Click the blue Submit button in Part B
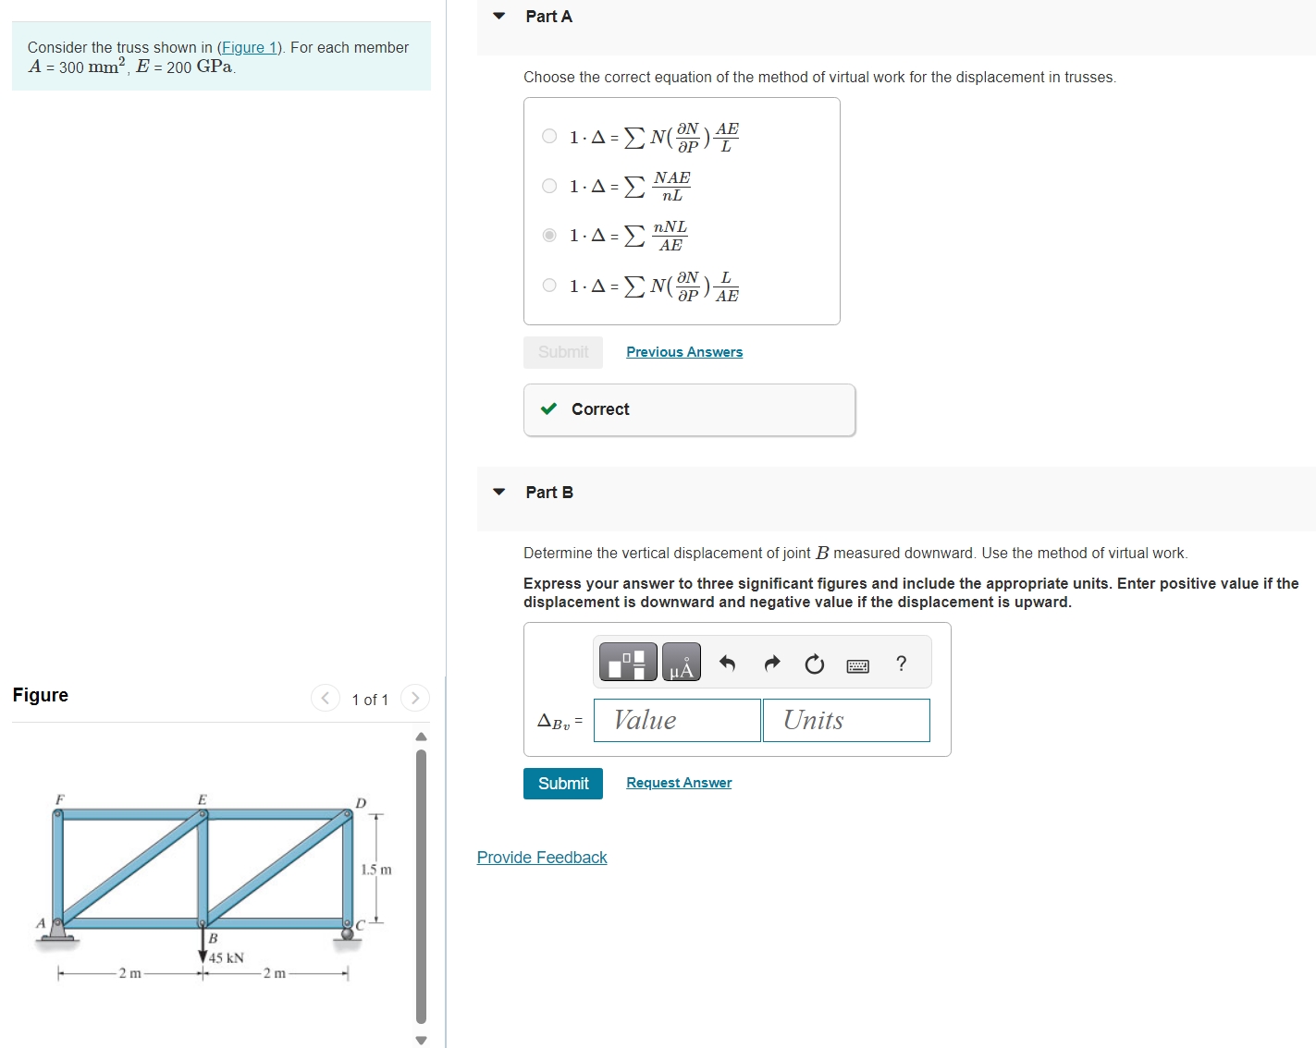pos(562,783)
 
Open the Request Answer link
pos(678,783)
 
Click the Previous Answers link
pos(683,352)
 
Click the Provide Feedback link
pos(542,858)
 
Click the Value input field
pos(676,720)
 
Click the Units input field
pos(845,720)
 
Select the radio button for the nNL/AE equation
pos(549,235)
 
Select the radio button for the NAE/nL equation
pos(549,186)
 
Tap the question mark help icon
pos(901,664)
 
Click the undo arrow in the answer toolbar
pos(727,664)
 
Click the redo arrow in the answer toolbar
pos(771,664)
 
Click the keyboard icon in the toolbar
pos(857,665)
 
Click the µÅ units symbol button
pos(682,663)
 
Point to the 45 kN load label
pos(227,957)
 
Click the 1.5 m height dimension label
pos(375,870)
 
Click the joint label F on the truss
pos(59,798)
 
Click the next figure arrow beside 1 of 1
pos(415,698)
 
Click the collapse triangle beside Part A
pos(499,16)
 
